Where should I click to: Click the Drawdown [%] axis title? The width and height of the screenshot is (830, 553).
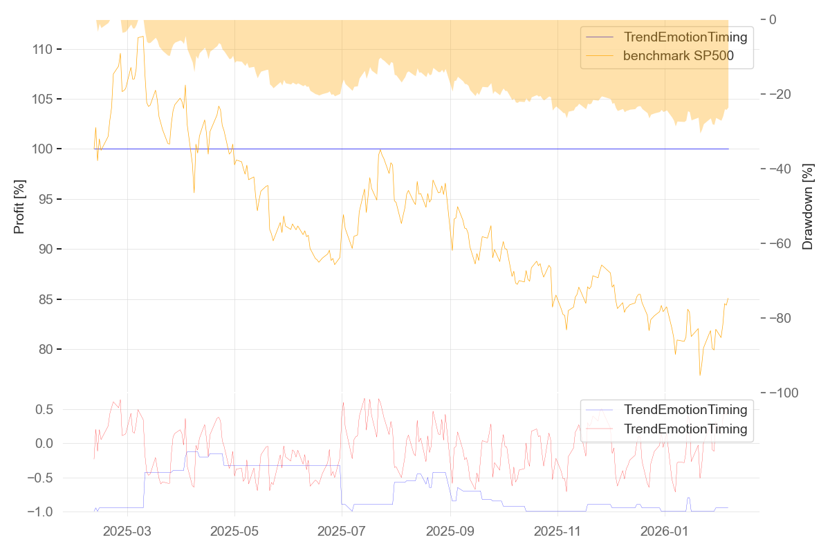(808, 206)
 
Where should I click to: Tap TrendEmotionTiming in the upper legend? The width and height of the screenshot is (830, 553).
(685, 37)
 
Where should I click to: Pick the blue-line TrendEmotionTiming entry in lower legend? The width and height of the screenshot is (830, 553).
(685, 409)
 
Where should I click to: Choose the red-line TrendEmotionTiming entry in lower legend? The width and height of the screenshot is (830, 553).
(685, 429)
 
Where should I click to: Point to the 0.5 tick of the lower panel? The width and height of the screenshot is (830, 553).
(45, 410)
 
